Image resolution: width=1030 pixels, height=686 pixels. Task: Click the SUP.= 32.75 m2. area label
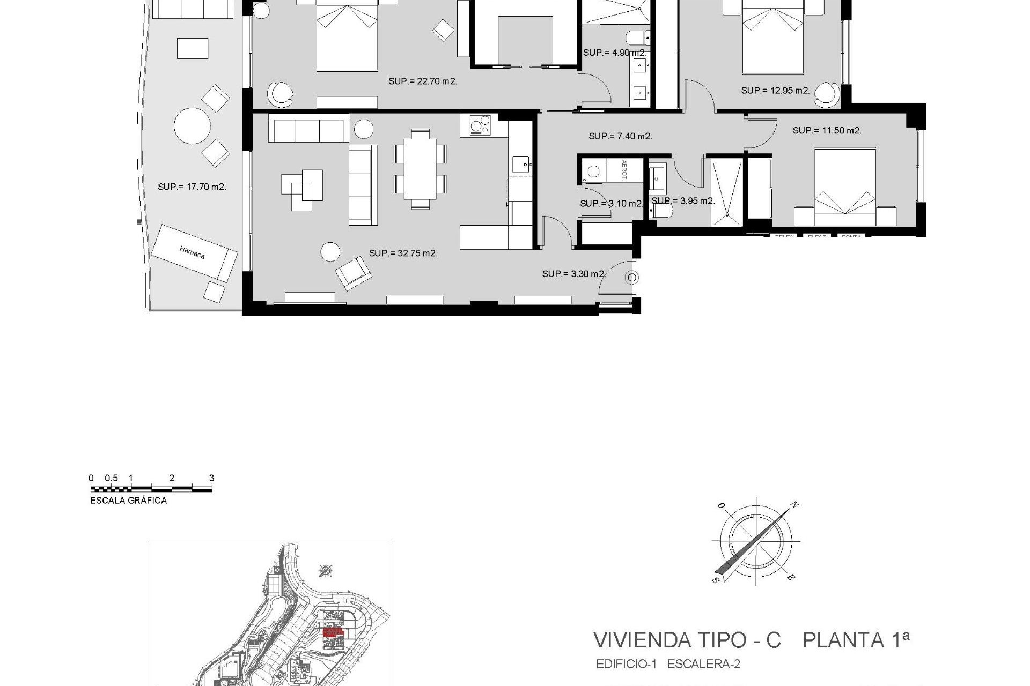(x=403, y=253)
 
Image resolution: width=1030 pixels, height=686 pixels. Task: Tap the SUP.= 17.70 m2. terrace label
(x=192, y=187)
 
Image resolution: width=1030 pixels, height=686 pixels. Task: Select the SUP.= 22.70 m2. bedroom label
(x=422, y=81)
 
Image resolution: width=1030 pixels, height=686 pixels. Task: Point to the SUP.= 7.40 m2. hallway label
(x=620, y=136)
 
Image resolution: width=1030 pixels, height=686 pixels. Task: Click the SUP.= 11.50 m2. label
(x=827, y=130)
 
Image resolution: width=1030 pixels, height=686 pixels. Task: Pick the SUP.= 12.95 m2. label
(x=775, y=91)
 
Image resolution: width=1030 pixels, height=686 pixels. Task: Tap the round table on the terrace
(x=192, y=126)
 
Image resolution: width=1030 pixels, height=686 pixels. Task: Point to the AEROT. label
(x=624, y=169)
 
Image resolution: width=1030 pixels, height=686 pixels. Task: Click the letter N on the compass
(x=795, y=505)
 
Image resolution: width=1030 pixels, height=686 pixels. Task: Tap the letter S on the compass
(x=715, y=580)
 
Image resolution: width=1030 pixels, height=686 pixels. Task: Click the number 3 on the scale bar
(x=211, y=478)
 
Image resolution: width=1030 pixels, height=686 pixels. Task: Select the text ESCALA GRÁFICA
(x=129, y=501)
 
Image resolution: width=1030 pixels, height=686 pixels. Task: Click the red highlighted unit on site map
(x=332, y=632)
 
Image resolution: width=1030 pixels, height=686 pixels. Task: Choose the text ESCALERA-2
(x=703, y=665)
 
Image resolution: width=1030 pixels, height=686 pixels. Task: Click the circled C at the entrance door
(x=632, y=278)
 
